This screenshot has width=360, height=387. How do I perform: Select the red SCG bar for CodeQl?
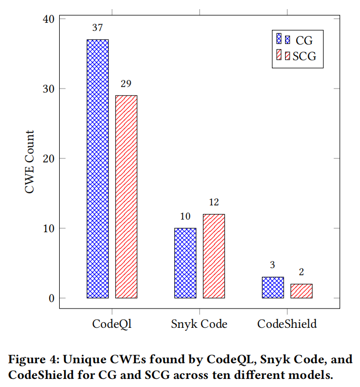(126, 197)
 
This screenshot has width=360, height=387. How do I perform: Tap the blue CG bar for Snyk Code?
(185, 263)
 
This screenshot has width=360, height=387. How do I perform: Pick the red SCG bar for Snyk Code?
(214, 256)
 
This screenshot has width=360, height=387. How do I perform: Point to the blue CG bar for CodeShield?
(272, 287)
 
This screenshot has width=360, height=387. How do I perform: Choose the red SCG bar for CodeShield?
(301, 291)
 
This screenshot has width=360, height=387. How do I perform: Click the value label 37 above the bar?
(97, 28)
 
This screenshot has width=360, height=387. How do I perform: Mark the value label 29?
(126, 84)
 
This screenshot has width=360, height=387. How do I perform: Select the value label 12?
(214, 202)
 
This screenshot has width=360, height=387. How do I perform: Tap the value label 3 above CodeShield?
(272, 265)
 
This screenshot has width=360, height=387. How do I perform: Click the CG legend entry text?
(304, 40)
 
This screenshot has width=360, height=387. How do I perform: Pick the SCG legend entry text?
(304, 56)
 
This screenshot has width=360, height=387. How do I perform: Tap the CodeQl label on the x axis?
(112, 324)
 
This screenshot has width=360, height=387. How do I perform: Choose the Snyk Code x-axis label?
(199, 324)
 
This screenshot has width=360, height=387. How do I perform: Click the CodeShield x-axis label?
(287, 324)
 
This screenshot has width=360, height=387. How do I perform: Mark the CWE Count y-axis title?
(30, 162)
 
